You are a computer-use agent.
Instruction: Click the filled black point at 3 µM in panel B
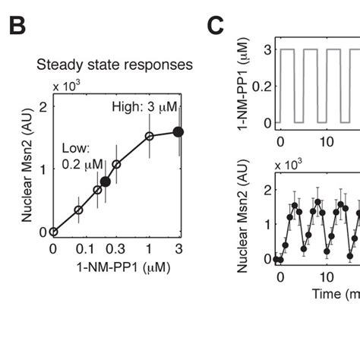(178, 131)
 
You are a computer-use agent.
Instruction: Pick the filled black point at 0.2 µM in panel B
(106, 182)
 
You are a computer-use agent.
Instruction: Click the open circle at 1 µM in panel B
(149, 137)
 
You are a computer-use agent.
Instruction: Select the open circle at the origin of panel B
(53, 232)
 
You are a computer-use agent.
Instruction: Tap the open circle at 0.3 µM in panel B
(116, 164)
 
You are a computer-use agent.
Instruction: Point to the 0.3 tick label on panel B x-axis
(116, 249)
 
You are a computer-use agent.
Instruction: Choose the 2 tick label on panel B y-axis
(43, 106)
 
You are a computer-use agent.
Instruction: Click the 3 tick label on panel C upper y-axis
(266, 50)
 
